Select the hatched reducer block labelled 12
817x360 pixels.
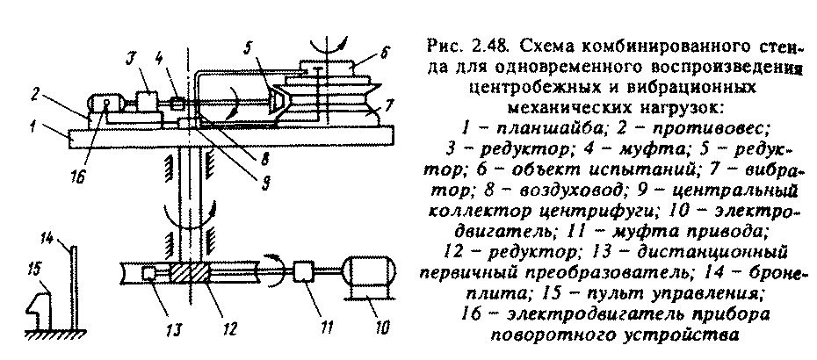tap(192, 273)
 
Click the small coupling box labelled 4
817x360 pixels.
tap(177, 103)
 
